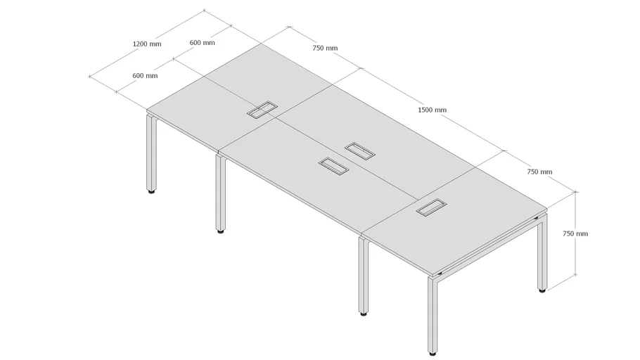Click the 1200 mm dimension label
click(147, 44)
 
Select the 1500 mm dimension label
click(433, 110)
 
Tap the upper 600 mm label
click(202, 42)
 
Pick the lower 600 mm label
click(145, 75)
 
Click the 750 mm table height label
click(575, 233)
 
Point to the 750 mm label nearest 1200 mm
click(325, 48)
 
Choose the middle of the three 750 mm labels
click(539, 172)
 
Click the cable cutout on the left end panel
click(262, 110)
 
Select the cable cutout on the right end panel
click(431, 207)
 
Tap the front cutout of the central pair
click(334, 166)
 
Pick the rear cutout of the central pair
click(359, 150)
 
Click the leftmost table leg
click(151, 153)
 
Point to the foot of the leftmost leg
click(151, 191)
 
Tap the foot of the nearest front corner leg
click(433, 353)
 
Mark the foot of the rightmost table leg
click(542, 290)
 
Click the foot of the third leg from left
click(364, 314)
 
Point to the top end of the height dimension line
click(575, 192)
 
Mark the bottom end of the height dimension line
click(575, 275)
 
